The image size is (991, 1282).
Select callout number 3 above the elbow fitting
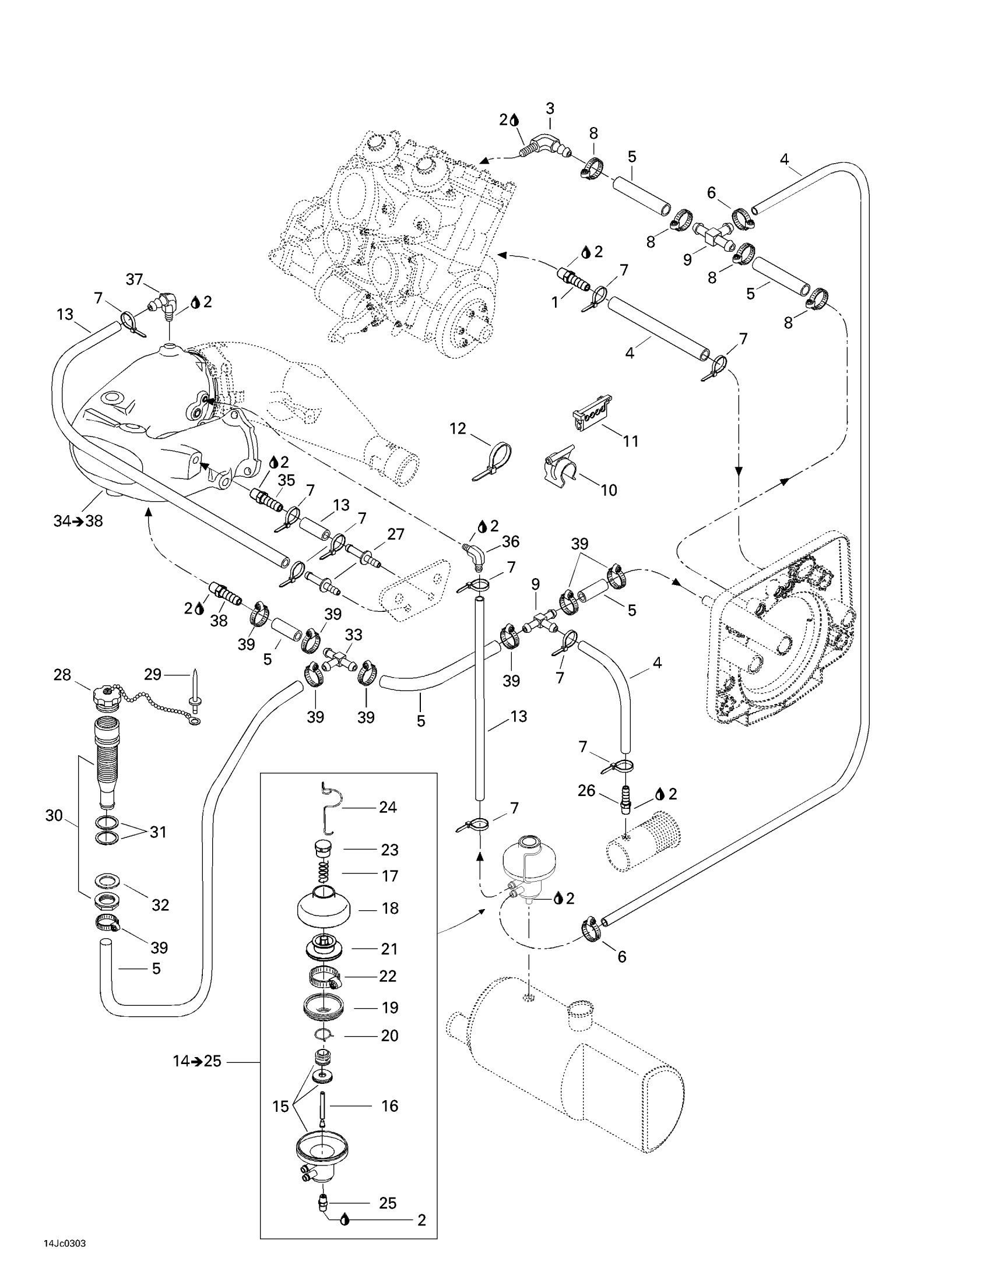coord(550,108)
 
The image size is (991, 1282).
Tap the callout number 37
coord(135,279)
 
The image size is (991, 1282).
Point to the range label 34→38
coord(78,520)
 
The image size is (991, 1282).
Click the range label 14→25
coord(196,1061)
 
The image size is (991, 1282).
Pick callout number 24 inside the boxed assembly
coord(388,807)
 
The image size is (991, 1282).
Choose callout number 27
coord(396,534)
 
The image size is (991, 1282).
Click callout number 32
coord(160,904)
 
